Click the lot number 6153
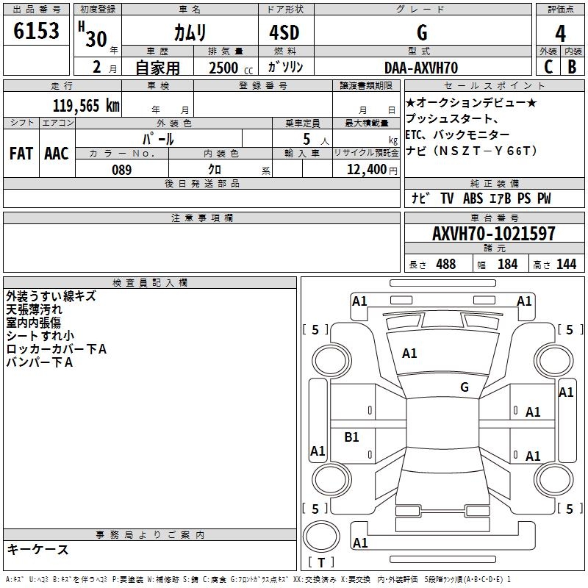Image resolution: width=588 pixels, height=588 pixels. click(36, 31)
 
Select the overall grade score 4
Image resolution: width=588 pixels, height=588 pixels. click(560, 34)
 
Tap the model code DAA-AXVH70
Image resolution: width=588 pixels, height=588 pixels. click(421, 68)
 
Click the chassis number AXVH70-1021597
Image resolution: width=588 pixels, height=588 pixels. click(493, 234)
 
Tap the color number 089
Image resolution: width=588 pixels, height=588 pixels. click(121, 169)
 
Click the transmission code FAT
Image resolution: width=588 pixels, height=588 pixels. click(21, 153)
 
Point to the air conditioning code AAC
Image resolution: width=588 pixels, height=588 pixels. click(56, 153)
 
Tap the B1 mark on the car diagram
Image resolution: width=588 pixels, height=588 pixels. click(352, 437)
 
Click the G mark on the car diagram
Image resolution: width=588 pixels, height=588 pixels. click(465, 387)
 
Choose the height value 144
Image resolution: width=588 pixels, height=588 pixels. click(566, 264)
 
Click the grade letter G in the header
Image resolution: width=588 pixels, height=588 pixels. click(421, 34)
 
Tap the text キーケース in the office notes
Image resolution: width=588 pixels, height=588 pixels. click(37, 550)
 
